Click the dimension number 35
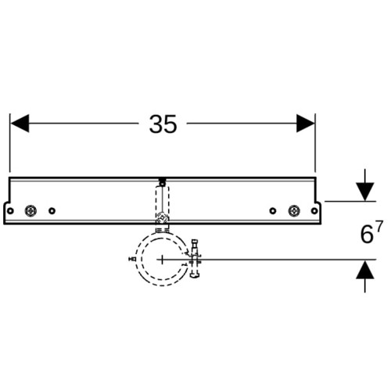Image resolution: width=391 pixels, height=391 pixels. pyautogui.click(x=163, y=124)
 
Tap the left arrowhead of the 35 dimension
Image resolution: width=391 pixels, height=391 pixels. pyautogui.click(x=20, y=124)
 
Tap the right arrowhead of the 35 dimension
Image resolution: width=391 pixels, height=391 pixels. pyautogui.click(x=306, y=124)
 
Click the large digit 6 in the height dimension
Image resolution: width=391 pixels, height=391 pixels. pyautogui.click(x=367, y=235)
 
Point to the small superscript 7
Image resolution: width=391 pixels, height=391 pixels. pyautogui.click(x=379, y=226)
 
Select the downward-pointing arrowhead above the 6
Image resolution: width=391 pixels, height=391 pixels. pyautogui.click(x=365, y=192)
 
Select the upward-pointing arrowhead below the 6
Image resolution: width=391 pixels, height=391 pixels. pyautogui.click(x=365, y=270)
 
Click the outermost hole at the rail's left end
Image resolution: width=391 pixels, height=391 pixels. pyautogui.click(x=10, y=210)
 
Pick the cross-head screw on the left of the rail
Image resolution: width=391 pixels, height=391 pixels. pyautogui.click(x=30, y=210)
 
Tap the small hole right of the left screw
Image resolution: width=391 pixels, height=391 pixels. pyautogui.click(x=52, y=210)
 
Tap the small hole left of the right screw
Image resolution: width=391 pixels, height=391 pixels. pyautogui.click(x=273, y=210)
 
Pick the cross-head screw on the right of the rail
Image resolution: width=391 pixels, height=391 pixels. pyautogui.click(x=294, y=210)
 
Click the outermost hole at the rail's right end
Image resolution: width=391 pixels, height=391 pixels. pyautogui.click(x=314, y=210)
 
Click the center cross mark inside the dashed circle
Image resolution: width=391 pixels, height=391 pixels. pyautogui.click(x=162, y=260)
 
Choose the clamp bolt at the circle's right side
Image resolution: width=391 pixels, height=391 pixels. pyautogui.click(x=195, y=258)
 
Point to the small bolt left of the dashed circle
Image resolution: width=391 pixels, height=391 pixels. pyautogui.click(x=132, y=259)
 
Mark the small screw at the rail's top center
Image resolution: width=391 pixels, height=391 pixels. pyautogui.click(x=163, y=181)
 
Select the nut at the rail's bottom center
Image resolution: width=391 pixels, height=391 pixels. pyautogui.click(x=163, y=217)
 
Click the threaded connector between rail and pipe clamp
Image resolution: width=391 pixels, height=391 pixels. pyautogui.click(x=163, y=229)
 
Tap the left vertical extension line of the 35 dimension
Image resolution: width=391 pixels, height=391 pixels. pyautogui.click(x=10, y=143)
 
